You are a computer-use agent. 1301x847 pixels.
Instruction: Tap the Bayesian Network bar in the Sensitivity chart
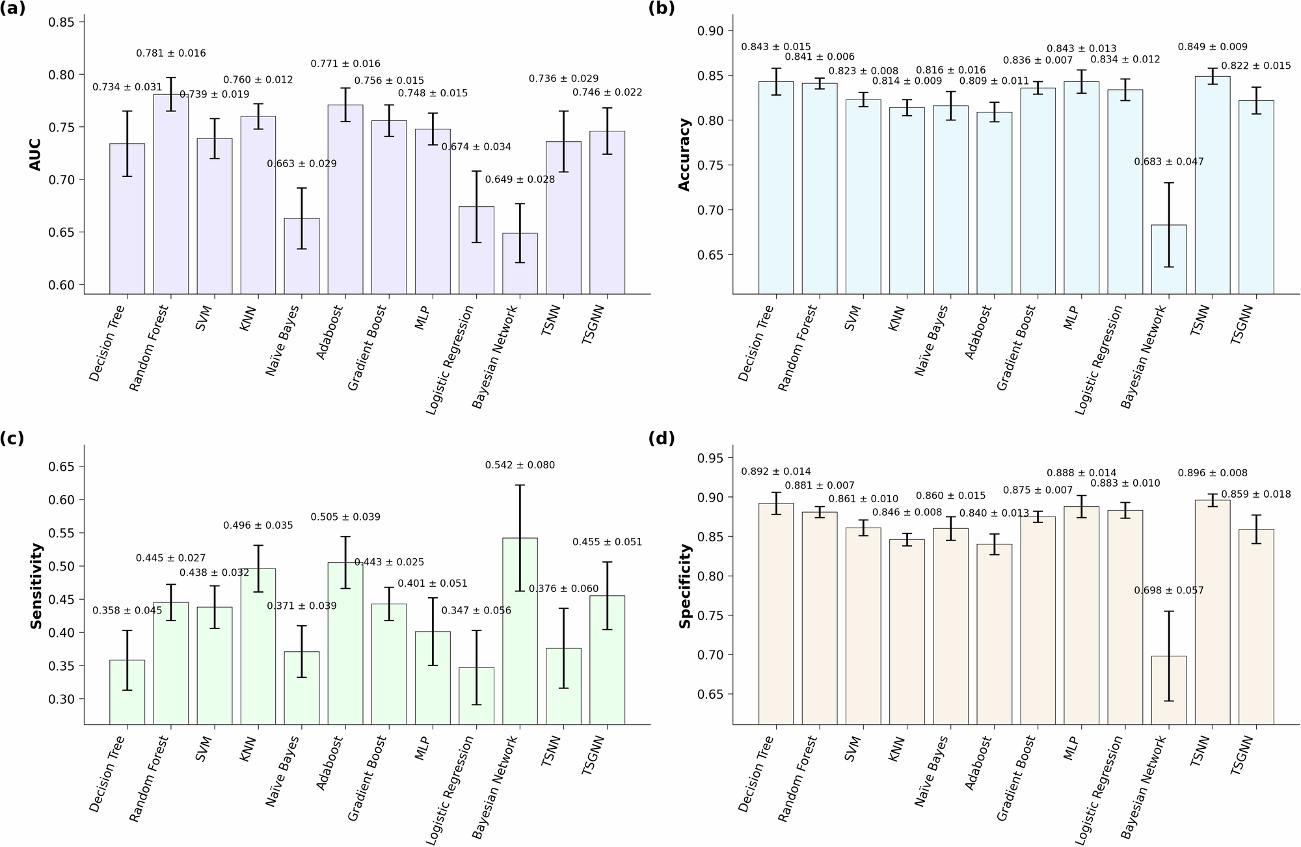tap(520, 630)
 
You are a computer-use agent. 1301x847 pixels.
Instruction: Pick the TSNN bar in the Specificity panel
tap(1213, 612)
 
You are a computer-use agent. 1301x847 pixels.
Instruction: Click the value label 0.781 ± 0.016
tap(170, 53)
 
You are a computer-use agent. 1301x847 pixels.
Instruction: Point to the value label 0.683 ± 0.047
tap(1168, 161)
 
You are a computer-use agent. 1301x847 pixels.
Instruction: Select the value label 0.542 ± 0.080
tap(520, 465)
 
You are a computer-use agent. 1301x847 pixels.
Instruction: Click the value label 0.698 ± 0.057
tap(1168, 591)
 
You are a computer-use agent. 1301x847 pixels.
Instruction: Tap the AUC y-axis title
tap(35, 154)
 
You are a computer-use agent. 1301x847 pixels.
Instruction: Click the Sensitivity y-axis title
tap(36, 585)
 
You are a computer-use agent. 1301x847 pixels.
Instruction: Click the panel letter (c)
tap(12, 438)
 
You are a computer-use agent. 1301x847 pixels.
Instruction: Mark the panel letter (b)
tap(662, 9)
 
